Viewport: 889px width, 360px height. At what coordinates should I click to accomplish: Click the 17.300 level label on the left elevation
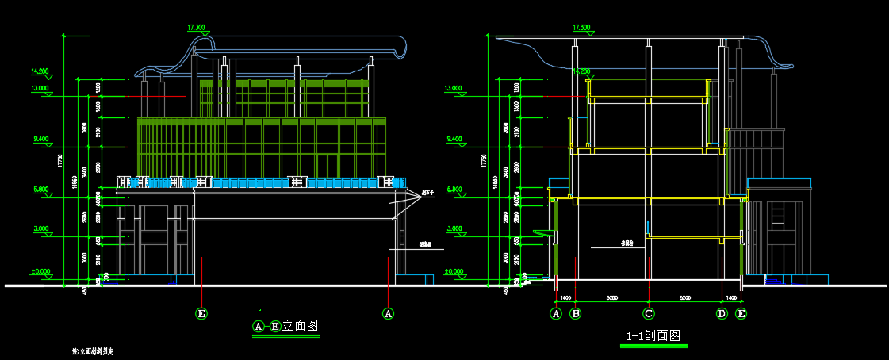tap(196, 28)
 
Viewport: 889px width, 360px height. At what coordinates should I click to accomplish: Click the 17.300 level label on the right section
tap(581, 28)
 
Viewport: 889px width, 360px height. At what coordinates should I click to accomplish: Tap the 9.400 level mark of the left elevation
tap(40, 140)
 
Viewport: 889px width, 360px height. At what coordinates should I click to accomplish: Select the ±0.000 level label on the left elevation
tap(40, 272)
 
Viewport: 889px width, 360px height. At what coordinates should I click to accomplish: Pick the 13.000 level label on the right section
tap(454, 88)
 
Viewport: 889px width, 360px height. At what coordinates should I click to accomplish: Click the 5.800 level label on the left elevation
tap(40, 190)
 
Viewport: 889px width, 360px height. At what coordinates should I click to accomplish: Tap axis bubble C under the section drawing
tap(649, 313)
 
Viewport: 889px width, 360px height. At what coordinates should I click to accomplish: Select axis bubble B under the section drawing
tap(577, 313)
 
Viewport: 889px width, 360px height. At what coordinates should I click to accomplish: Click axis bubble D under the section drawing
tap(722, 313)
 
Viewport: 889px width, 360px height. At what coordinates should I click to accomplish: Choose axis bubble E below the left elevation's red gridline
tap(201, 313)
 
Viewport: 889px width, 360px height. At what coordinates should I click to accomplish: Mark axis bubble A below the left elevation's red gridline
tap(388, 313)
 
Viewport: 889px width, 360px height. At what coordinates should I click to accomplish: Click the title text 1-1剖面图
tap(653, 336)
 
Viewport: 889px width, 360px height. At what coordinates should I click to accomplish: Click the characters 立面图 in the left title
tap(301, 326)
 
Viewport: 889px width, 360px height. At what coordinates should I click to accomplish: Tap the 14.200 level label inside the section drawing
tap(581, 71)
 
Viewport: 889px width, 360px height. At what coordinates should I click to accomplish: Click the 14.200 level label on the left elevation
tap(40, 71)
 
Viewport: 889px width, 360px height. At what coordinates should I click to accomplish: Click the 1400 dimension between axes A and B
tap(565, 297)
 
